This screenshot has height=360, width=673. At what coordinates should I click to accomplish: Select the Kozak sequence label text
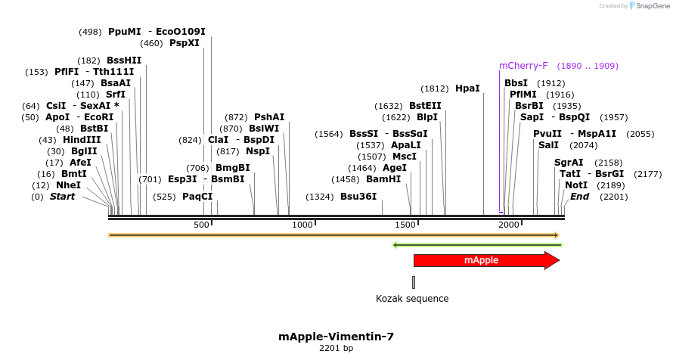coord(412,299)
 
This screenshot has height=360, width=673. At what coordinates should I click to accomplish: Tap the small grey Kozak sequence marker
coord(414,282)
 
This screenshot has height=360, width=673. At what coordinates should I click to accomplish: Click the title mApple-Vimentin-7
coord(336,337)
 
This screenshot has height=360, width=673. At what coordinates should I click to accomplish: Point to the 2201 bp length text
coord(336,349)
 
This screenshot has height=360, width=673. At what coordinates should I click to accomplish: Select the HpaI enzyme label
coord(467,88)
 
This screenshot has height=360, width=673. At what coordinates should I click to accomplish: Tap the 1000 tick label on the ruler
coord(302,225)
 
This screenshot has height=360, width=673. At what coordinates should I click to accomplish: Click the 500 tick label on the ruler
coord(201,225)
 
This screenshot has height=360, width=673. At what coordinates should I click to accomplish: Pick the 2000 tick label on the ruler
coord(508,225)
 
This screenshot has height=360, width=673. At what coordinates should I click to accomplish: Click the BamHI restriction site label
coord(383,179)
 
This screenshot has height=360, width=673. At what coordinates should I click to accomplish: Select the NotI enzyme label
coord(576,185)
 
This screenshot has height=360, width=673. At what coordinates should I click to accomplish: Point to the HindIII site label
coord(81,140)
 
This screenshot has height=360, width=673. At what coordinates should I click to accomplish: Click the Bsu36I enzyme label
coord(358,197)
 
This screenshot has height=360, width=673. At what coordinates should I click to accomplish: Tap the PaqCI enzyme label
coord(197,197)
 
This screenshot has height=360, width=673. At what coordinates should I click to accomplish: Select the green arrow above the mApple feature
coord(477,244)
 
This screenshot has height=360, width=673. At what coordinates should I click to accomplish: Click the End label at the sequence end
coord(580,197)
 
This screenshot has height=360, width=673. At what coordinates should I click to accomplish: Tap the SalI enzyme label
coord(549,144)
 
